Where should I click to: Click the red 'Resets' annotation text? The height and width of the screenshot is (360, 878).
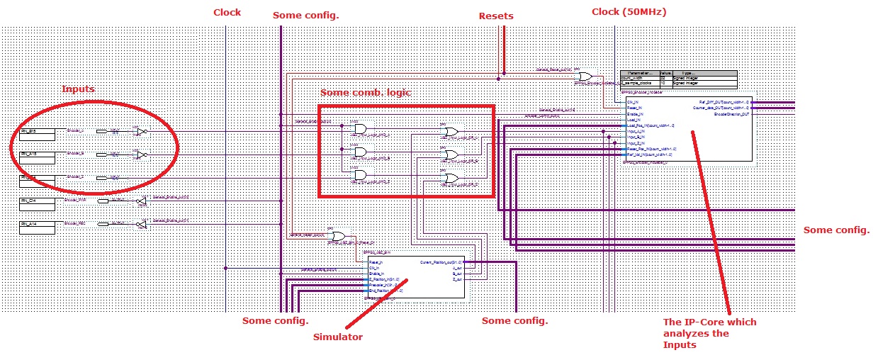pyautogui.click(x=496, y=16)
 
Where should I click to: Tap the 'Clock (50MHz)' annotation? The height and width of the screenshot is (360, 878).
pyautogui.click(x=628, y=11)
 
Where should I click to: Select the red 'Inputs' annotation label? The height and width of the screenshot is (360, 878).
pyautogui.click(x=78, y=89)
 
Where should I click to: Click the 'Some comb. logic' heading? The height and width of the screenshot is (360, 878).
pyautogui.click(x=365, y=93)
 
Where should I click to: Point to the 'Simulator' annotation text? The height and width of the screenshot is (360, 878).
pyautogui.click(x=337, y=337)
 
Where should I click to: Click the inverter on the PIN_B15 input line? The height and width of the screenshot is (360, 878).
pyautogui.click(x=141, y=132)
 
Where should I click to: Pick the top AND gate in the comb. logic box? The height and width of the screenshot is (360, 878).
pyautogui.click(x=361, y=129)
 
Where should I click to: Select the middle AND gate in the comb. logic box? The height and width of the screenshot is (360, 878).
pyautogui.click(x=361, y=152)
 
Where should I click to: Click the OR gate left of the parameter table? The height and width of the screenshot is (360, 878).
pyautogui.click(x=585, y=77)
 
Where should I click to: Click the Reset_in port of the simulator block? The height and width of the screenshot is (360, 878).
pyautogui.click(x=376, y=263)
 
